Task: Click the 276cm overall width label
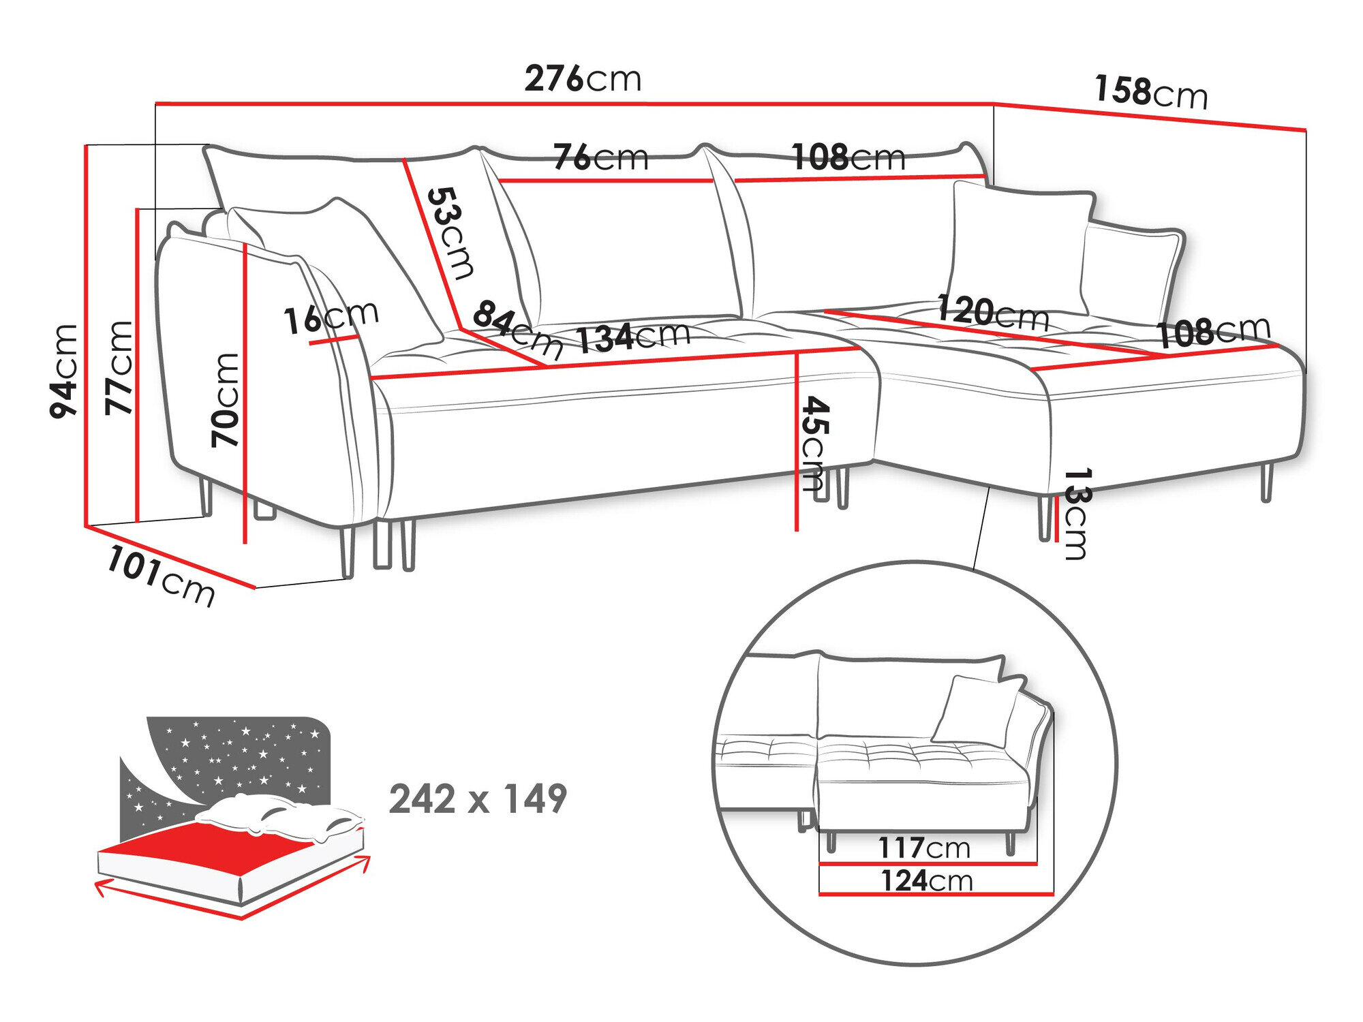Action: (x=583, y=79)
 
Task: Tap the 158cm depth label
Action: (x=1150, y=92)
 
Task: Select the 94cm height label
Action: (x=65, y=371)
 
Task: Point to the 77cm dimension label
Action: (x=120, y=368)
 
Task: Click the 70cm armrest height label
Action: (x=226, y=400)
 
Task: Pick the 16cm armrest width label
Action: (x=331, y=318)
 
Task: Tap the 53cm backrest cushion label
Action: (x=450, y=234)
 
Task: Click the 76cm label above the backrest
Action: (x=600, y=157)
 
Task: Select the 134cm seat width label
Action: (x=633, y=337)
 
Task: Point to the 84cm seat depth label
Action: (x=517, y=330)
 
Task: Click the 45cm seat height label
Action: (x=814, y=443)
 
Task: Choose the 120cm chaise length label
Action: (x=992, y=313)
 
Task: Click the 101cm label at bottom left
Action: (x=161, y=576)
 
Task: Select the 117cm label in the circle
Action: (x=923, y=848)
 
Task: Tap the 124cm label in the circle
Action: (x=926, y=881)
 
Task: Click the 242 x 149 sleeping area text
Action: (x=478, y=799)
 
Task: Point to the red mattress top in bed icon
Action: (x=204, y=848)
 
